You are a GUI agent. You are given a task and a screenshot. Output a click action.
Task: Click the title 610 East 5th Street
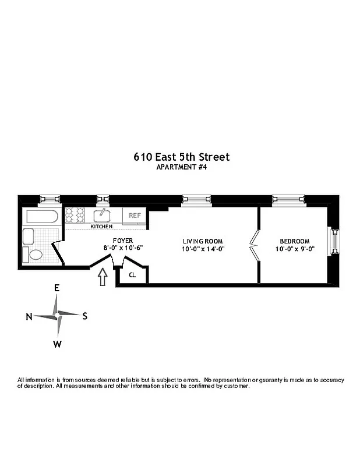(x=182, y=157)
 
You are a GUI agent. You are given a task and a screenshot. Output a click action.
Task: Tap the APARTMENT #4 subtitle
(x=182, y=167)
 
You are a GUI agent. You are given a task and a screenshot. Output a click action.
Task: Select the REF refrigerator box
(x=135, y=215)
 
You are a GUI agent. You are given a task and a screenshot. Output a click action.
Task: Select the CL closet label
(x=132, y=275)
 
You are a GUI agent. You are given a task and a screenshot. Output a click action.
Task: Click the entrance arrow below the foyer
(x=104, y=277)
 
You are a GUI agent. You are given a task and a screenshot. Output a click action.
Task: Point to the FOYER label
(x=123, y=241)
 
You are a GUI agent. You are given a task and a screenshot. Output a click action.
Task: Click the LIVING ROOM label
(x=203, y=241)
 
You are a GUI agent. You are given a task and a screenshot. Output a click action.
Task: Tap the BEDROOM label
(x=295, y=241)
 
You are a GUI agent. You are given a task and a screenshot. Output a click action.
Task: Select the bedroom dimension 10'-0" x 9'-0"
(x=295, y=249)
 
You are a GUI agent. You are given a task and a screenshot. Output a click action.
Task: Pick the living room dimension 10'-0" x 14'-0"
(x=203, y=249)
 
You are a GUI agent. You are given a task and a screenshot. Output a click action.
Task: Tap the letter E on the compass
(x=57, y=288)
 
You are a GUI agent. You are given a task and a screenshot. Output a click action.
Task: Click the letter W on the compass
(x=57, y=344)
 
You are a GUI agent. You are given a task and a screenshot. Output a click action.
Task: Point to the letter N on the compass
(x=29, y=316)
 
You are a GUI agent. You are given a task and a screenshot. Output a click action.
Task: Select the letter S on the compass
(x=84, y=316)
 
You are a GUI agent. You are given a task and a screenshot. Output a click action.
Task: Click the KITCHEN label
(x=101, y=226)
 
